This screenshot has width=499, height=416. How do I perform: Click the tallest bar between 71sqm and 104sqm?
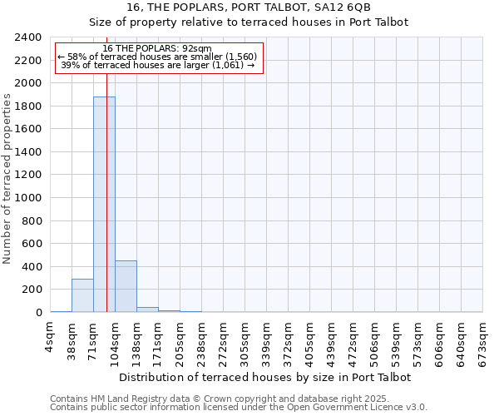[x=104, y=204]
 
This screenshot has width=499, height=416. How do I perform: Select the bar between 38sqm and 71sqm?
[x=82, y=295]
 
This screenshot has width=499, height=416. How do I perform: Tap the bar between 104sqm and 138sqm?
[x=126, y=286]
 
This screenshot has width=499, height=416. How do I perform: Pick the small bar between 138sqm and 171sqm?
[x=147, y=310]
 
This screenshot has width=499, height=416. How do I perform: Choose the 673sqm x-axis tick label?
[x=483, y=339]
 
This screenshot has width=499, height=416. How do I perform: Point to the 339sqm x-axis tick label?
[x=267, y=339]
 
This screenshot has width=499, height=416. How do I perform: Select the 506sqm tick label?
[x=375, y=339]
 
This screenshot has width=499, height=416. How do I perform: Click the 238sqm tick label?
[x=202, y=339]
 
